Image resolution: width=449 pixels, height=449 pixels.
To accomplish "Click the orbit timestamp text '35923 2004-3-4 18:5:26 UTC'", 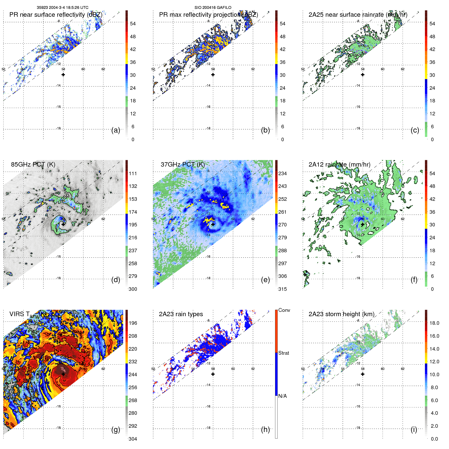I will click(x=62, y=8).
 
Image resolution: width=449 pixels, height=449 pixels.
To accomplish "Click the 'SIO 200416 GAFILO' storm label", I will click(x=213, y=8).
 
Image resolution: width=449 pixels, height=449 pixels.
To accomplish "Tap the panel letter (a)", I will click(x=116, y=130).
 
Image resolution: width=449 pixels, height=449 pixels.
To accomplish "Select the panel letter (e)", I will click(x=265, y=280).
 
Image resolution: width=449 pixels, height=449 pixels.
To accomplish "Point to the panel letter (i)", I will click(x=414, y=429).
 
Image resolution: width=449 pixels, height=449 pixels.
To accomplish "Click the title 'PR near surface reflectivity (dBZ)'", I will click(x=56, y=15).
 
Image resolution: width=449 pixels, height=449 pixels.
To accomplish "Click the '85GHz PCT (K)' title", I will click(x=33, y=164).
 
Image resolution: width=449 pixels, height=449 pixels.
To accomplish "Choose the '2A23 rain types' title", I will click(x=181, y=314).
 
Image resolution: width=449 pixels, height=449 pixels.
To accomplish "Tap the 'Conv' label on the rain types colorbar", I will click(x=284, y=310).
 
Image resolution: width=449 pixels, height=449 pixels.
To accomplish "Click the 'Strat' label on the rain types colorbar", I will click(x=283, y=353).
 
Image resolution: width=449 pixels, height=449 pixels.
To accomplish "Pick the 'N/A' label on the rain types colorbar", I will click(x=282, y=396).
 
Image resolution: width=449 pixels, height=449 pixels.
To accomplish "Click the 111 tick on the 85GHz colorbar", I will click(x=133, y=173).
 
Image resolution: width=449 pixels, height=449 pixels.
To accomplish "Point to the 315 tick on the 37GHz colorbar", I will click(x=282, y=289).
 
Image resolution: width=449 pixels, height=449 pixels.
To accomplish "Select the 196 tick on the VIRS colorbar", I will click(x=133, y=323).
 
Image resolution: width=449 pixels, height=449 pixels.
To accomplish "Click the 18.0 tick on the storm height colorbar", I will click(x=434, y=323).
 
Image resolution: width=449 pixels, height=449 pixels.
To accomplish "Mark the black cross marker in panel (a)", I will click(x=63, y=75).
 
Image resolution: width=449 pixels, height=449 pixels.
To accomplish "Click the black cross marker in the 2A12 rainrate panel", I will click(x=363, y=224).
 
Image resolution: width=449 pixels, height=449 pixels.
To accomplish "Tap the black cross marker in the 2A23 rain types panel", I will click(x=213, y=374).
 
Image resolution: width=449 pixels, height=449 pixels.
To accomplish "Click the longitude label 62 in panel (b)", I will click(x=253, y=69).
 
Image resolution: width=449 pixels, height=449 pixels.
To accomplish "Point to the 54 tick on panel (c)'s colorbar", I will click(x=432, y=24).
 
